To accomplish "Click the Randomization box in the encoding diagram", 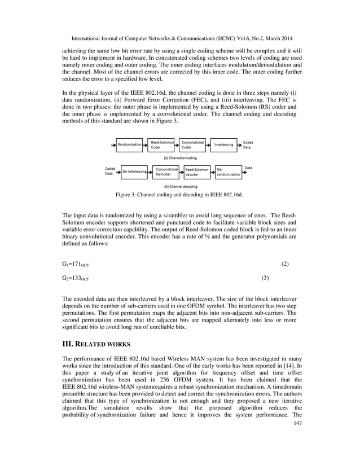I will [x=129, y=144].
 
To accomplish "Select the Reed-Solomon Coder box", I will [x=163, y=144].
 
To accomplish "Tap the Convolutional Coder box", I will [x=194, y=144].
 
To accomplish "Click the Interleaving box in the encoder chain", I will [x=225, y=144].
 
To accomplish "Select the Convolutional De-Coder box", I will [x=166, y=171].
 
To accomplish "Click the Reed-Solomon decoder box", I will [x=197, y=171].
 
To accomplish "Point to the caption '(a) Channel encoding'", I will [x=180, y=158].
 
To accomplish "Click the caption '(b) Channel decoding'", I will [x=180, y=186].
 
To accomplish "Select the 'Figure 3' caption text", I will [x=179, y=194].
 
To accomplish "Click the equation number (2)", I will [x=284, y=264].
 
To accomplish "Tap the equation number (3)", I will [x=265, y=278].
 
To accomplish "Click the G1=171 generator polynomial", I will [x=75, y=264].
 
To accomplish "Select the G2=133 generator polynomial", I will [x=75, y=278].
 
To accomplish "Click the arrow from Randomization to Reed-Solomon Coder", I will [x=146, y=144].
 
